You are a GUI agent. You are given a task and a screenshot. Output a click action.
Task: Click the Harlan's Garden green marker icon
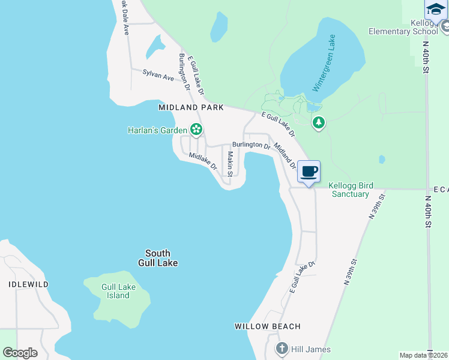click(196, 129)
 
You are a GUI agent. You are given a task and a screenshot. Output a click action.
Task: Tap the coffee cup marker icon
click(309, 172)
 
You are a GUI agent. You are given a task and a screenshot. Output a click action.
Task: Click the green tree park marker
click(319, 124)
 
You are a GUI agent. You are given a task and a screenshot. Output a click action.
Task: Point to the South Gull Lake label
click(158, 258)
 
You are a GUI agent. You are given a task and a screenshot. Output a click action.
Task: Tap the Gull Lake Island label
click(118, 291)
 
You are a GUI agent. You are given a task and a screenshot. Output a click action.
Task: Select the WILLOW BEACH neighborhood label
click(267, 326)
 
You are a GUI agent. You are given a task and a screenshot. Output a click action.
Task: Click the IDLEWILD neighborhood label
click(29, 284)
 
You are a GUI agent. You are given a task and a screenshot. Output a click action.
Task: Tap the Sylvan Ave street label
click(158, 76)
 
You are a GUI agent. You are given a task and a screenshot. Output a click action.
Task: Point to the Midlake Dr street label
click(202, 161)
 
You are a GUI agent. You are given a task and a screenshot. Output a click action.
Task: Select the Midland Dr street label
click(284, 154)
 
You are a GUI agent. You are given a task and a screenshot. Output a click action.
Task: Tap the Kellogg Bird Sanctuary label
click(351, 190)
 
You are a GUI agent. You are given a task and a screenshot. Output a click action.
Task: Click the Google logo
click(20, 353)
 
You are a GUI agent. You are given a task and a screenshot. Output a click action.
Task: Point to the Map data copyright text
click(424, 355)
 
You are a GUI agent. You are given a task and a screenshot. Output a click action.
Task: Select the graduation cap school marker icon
click(436, 8)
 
